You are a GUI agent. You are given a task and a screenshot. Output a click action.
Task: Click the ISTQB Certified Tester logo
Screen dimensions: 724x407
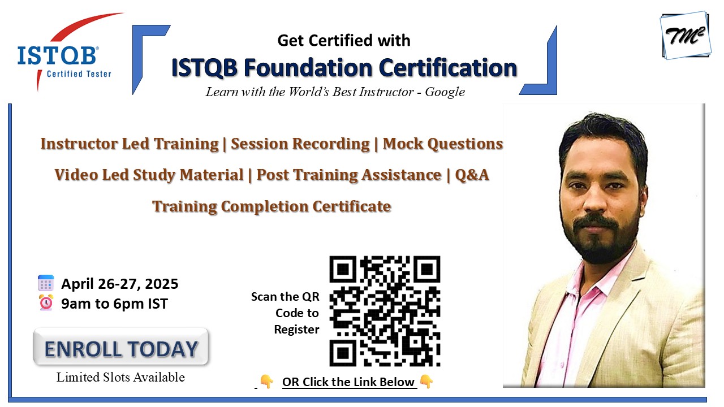pos(64,51)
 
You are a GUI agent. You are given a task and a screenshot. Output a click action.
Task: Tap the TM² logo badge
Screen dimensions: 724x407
pos(686,35)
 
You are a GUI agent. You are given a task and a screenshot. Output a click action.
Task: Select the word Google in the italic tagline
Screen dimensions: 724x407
pos(445,92)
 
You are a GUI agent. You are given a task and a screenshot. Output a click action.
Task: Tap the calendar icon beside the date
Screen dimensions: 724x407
pos(46,283)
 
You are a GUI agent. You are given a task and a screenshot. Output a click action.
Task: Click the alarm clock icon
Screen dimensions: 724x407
pos(46,302)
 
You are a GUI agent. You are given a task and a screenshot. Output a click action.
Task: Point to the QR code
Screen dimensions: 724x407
pos(385,311)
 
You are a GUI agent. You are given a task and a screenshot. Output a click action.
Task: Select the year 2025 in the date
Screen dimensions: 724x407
pos(161,284)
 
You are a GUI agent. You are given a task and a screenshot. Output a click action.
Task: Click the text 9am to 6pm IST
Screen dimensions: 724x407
pos(114,304)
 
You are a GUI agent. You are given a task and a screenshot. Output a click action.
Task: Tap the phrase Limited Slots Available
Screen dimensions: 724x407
pos(120,377)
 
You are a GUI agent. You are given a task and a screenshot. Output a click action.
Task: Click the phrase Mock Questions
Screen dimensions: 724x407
pos(443,144)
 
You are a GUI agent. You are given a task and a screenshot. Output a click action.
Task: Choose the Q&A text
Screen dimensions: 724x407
pos(472,175)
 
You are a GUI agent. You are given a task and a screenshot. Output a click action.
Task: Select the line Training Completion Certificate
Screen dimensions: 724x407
pos(271,206)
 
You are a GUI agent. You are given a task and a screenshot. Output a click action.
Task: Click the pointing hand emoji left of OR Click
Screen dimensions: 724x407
pos(266,382)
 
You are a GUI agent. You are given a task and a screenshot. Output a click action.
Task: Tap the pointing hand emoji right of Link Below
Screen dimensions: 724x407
pos(426,382)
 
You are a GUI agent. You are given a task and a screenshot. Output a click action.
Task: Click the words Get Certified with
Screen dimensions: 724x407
pos(344,41)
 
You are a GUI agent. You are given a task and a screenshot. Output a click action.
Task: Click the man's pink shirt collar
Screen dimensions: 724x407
pos(598,278)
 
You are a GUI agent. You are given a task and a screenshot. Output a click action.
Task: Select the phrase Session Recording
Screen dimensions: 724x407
pos(300,144)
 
